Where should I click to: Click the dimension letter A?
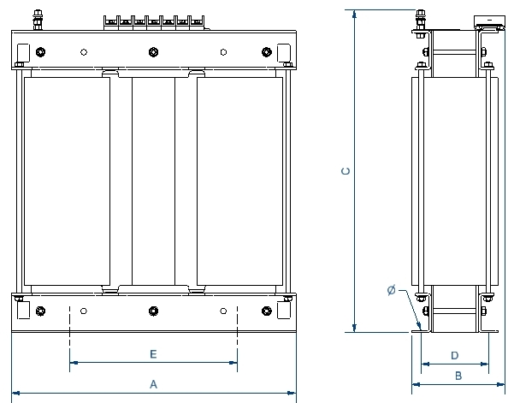pos(153,383)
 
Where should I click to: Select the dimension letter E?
pos(153,353)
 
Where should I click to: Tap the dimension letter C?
pos(345,171)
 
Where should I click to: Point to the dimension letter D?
pos(455,354)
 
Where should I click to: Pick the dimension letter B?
pos(458,375)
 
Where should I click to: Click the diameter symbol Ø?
pos(391,291)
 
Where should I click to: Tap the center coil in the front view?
pos(153,181)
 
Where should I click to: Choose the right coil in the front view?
pos(239,181)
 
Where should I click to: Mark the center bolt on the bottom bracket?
pos(153,310)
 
